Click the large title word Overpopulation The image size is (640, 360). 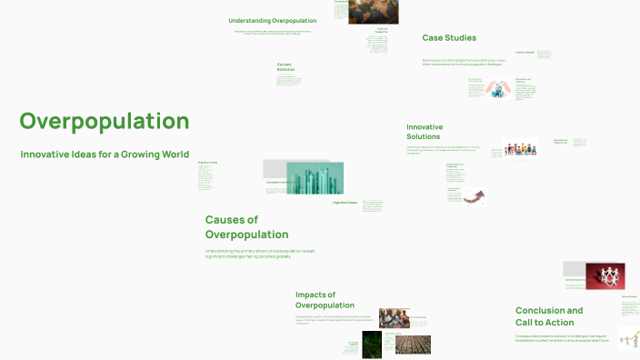click(104, 122)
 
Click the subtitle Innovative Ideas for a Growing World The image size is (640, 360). click(105, 155)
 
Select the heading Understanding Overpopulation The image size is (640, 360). click(272, 20)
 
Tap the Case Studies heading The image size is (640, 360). click(449, 38)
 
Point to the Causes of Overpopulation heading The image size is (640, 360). click(246, 227)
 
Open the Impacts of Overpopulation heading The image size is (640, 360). click(325, 300)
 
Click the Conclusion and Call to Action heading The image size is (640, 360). click(549, 316)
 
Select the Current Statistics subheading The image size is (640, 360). click(285, 66)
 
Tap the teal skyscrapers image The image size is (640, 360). click(315, 178)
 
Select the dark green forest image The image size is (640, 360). click(371, 343)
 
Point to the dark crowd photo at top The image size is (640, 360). click(373, 11)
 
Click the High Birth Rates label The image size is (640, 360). click(345, 203)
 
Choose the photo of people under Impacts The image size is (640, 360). click(395, 318)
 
